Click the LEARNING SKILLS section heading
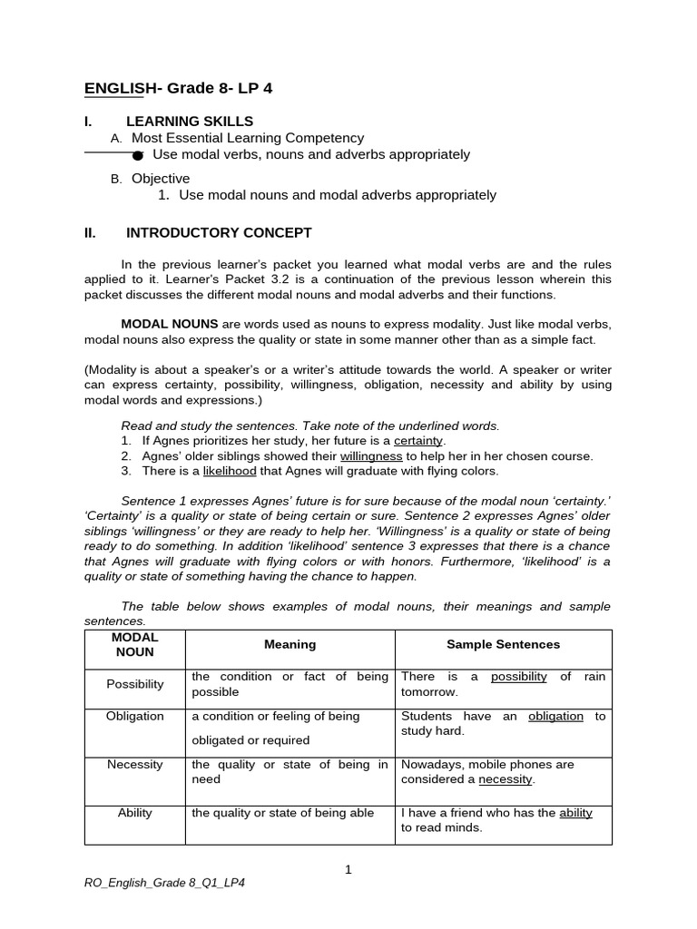coord(190,122)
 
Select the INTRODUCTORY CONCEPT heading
coord(219,232)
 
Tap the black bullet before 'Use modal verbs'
coord(138,155)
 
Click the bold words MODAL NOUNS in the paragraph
coord(170,324)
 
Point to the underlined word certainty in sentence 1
coord(418,441)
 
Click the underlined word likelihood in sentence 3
coord(231,471)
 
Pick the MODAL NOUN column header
coord(134,645)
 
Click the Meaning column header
coord(290,644)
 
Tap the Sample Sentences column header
coord(503,644)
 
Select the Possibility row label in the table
coord(134,684)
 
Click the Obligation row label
coord(134,716)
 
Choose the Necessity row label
coord(134,764)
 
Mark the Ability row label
coord(134,813)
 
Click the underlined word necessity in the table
coord(506,779)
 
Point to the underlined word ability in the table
coord(575,813)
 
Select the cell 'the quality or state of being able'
coord(282,813)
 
